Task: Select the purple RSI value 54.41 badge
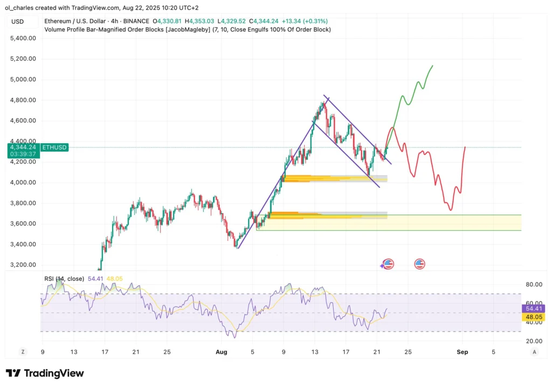pyautogui.click(x=534, y=308)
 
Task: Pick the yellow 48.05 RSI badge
pyautogui.click(x=534, y=317)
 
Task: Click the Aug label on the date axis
pyautogui.click(x=220, y=351)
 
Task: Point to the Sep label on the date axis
pyautogui.click(x=463, y=351)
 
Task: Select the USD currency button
pyautogui.click(x=17, y=22)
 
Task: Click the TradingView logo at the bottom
pyautogui.click(x=45, y=373)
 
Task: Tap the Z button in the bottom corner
pyautogui.click(x=23, y=351)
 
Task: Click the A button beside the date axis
pyautogui.click(x=534, y=351)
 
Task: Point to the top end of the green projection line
pyautogui.click(x=432, y=66)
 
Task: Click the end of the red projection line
pyautogui.click(x=464, y=146)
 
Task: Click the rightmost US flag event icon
pyautogui.click(x=419, y=264)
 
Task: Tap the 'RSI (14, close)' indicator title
pyautogui.click(x=64, y=278)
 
